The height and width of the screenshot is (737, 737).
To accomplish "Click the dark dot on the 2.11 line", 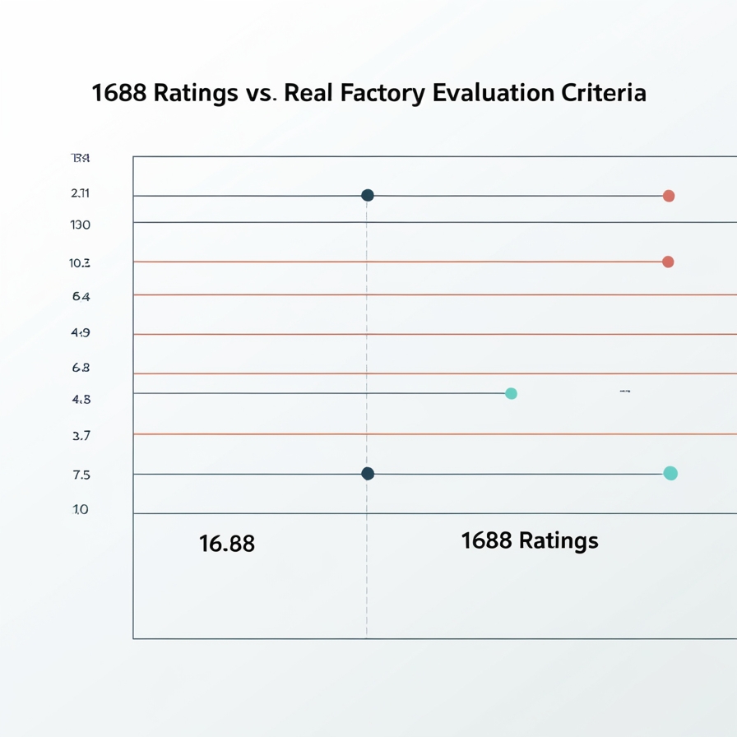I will [368, 195].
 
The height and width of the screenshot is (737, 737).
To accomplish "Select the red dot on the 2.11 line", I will [669, 196].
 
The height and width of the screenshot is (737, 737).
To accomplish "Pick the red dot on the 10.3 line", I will [668, 262].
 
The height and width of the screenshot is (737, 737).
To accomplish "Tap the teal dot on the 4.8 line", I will [511, 393].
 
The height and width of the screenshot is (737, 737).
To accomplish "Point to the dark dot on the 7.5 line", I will [368, 473].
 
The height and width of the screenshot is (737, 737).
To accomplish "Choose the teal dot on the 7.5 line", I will [670, 473].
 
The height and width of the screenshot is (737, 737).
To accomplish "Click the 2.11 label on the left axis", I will [81, 193].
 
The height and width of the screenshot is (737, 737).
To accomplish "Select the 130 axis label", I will [81, 225].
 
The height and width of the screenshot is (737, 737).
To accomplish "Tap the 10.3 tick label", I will [81, 263].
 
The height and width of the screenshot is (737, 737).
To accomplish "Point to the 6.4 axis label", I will [81, 296].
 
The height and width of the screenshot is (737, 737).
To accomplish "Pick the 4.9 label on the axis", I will [81, 333].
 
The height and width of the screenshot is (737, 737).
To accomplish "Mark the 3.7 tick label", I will [81, 436].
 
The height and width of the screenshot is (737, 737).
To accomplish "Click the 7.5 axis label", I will [81, 475].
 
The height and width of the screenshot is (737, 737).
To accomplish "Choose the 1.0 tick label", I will [81, 510].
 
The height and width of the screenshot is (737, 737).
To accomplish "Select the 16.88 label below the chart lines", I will [227, 544].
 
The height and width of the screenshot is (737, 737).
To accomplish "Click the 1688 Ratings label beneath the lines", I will [530, 540].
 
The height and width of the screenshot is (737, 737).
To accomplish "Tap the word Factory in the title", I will [382, 93].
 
